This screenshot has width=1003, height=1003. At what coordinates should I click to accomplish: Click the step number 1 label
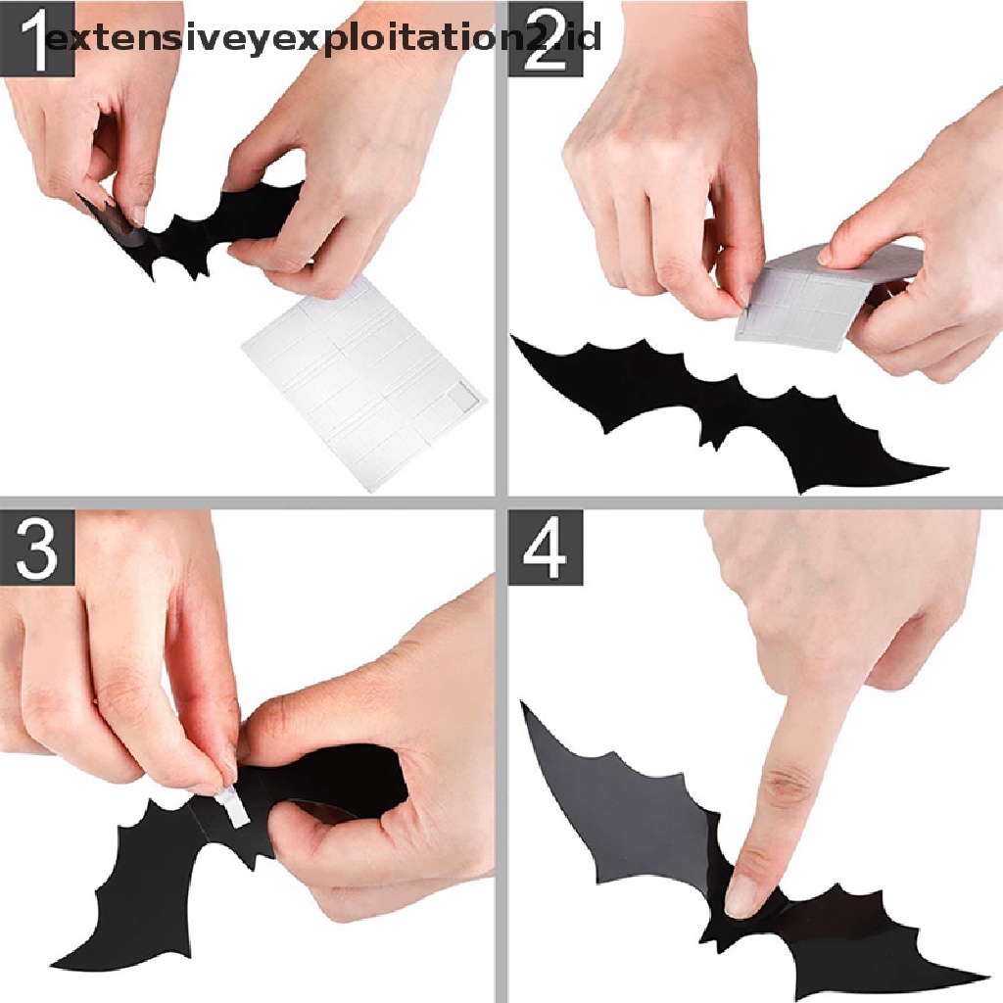(37, 38)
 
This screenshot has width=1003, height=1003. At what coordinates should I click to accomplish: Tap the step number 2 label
(545, 38)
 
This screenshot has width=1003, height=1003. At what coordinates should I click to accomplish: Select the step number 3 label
(37, 548)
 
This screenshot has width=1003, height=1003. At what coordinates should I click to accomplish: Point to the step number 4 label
(545, 548)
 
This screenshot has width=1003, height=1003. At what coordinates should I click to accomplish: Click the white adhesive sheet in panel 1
(364, 384)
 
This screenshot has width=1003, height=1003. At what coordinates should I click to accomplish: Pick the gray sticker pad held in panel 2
(825, 294)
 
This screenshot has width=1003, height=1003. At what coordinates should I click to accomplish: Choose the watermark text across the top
(323, 38)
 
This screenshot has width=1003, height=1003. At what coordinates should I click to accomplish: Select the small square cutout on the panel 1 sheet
(462, 394)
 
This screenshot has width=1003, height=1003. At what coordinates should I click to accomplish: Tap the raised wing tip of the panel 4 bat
(523, 703)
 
